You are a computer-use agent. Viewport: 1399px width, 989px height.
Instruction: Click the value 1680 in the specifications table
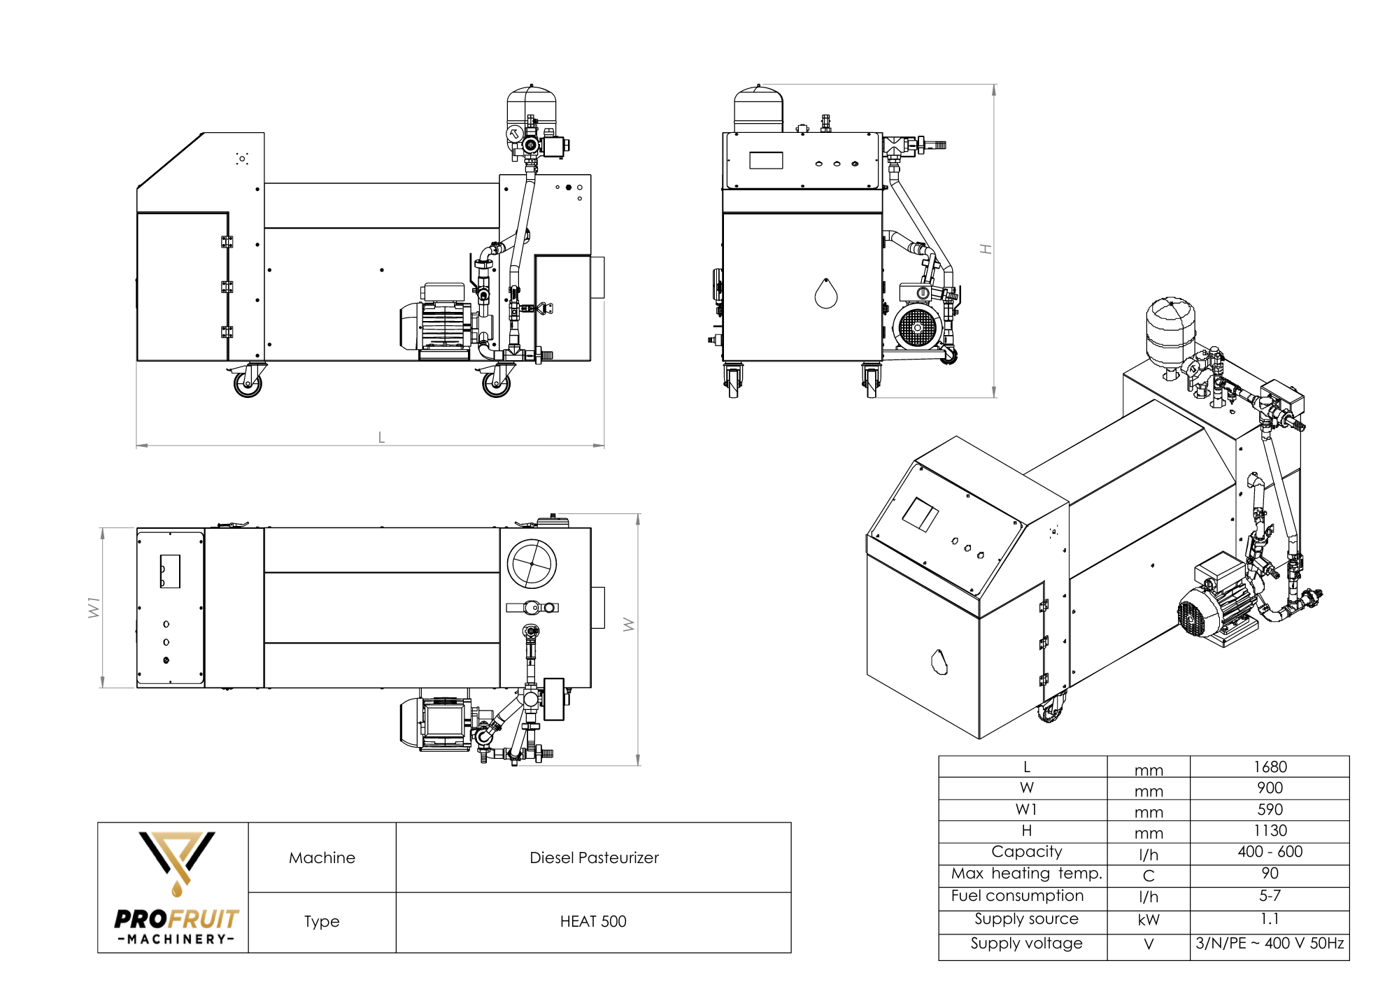click(x=1270, y=767)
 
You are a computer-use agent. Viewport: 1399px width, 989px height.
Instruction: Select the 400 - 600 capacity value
click(x=1270, y=851)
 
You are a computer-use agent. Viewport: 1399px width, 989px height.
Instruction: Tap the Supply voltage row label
click(x=1026, y=943)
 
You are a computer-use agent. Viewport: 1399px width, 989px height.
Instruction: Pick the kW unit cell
click(x=1148, y=920)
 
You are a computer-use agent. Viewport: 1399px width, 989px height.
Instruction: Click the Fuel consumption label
click(x=1017, y=895)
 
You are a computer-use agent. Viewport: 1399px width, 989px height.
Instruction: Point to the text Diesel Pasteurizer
click(x=594, y=858)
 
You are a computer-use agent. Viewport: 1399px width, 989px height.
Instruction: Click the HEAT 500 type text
click(x=593, y=921)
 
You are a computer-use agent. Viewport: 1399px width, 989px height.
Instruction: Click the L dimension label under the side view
click(x=381, y=437)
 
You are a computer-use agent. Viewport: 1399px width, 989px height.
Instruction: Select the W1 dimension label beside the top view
click(x=94, y=607)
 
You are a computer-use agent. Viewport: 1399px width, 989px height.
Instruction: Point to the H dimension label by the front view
click(x=986, y=249)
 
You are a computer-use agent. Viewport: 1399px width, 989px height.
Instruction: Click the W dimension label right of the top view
click(x=628, y=624)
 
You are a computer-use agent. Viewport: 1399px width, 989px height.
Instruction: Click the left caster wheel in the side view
click(x=248, y=383)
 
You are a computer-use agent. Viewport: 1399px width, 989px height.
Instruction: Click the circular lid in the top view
click(x=532, y=564)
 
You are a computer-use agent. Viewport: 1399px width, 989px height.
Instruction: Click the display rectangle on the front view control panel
click(x=766, y=160)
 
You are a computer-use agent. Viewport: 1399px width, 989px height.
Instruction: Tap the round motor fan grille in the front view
click(x=916, y=327)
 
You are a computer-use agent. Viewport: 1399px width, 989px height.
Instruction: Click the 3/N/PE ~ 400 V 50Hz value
click(x=1270, y=943)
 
